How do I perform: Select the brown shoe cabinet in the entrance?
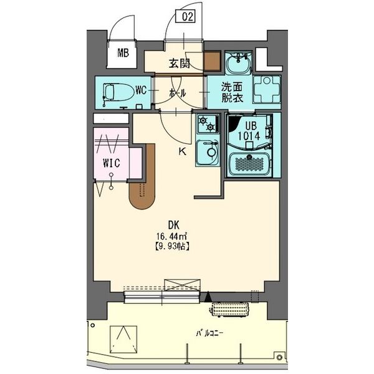point(213,62)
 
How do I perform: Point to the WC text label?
point(140,91)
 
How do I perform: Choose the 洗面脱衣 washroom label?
point(230,93)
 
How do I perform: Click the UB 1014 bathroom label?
point(247,128)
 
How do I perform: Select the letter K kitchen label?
point(183,151)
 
